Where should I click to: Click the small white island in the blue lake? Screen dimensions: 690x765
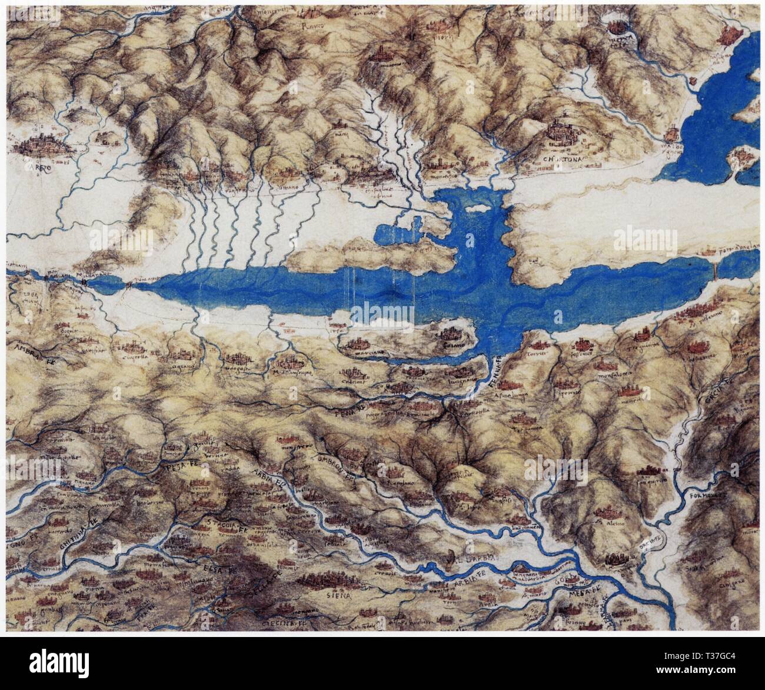click(477, 207)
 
